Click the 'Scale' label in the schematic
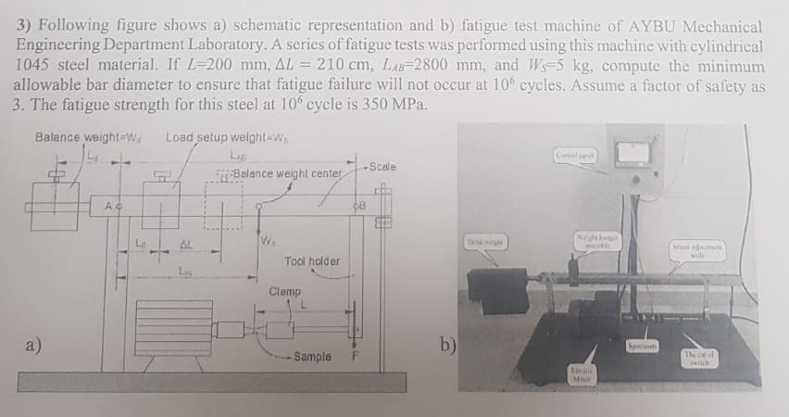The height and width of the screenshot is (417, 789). click(x=382, y=167)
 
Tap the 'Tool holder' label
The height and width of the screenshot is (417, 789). click(x=311, y=261)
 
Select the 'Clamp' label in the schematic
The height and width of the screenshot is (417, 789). click(x=284, y=292)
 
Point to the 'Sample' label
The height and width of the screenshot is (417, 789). click(x=312, y=356)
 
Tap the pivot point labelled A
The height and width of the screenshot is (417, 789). click(x=109, y=205)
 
